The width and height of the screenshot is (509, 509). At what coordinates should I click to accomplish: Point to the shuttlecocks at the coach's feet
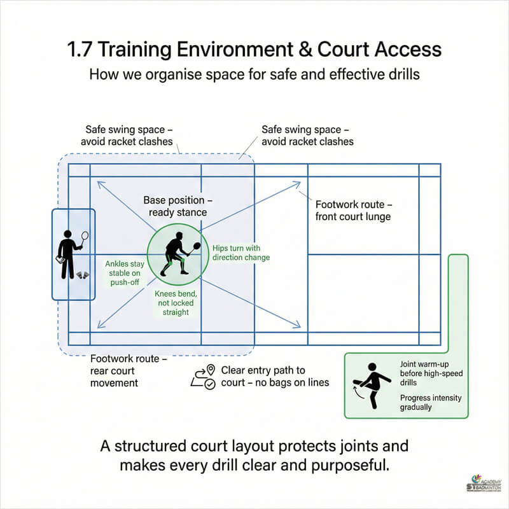(83, 274)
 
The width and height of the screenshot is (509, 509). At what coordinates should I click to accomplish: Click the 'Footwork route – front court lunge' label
(353, 211)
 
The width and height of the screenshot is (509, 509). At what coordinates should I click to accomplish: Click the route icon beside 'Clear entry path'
(204, 377)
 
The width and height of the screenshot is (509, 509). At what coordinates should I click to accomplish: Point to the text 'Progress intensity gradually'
(431, 402)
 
